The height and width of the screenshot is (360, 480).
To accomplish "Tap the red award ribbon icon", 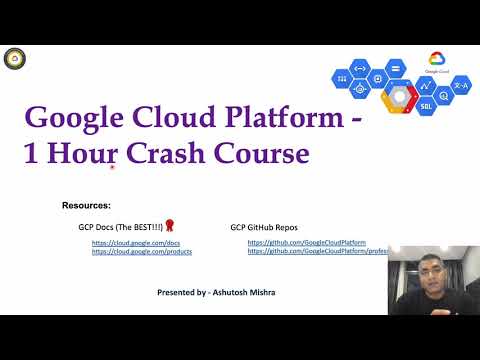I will (170, 226).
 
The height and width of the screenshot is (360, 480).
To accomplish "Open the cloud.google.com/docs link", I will (135, 243).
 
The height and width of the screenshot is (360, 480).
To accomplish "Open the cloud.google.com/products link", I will (142, 252).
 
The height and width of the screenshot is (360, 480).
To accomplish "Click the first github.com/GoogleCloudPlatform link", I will (306, 243).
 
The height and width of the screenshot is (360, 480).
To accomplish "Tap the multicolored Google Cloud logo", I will (437, 61).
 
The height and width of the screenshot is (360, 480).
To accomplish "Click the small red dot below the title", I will (112, 168).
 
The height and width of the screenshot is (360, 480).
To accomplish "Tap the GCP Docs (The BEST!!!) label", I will (120, 228).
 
